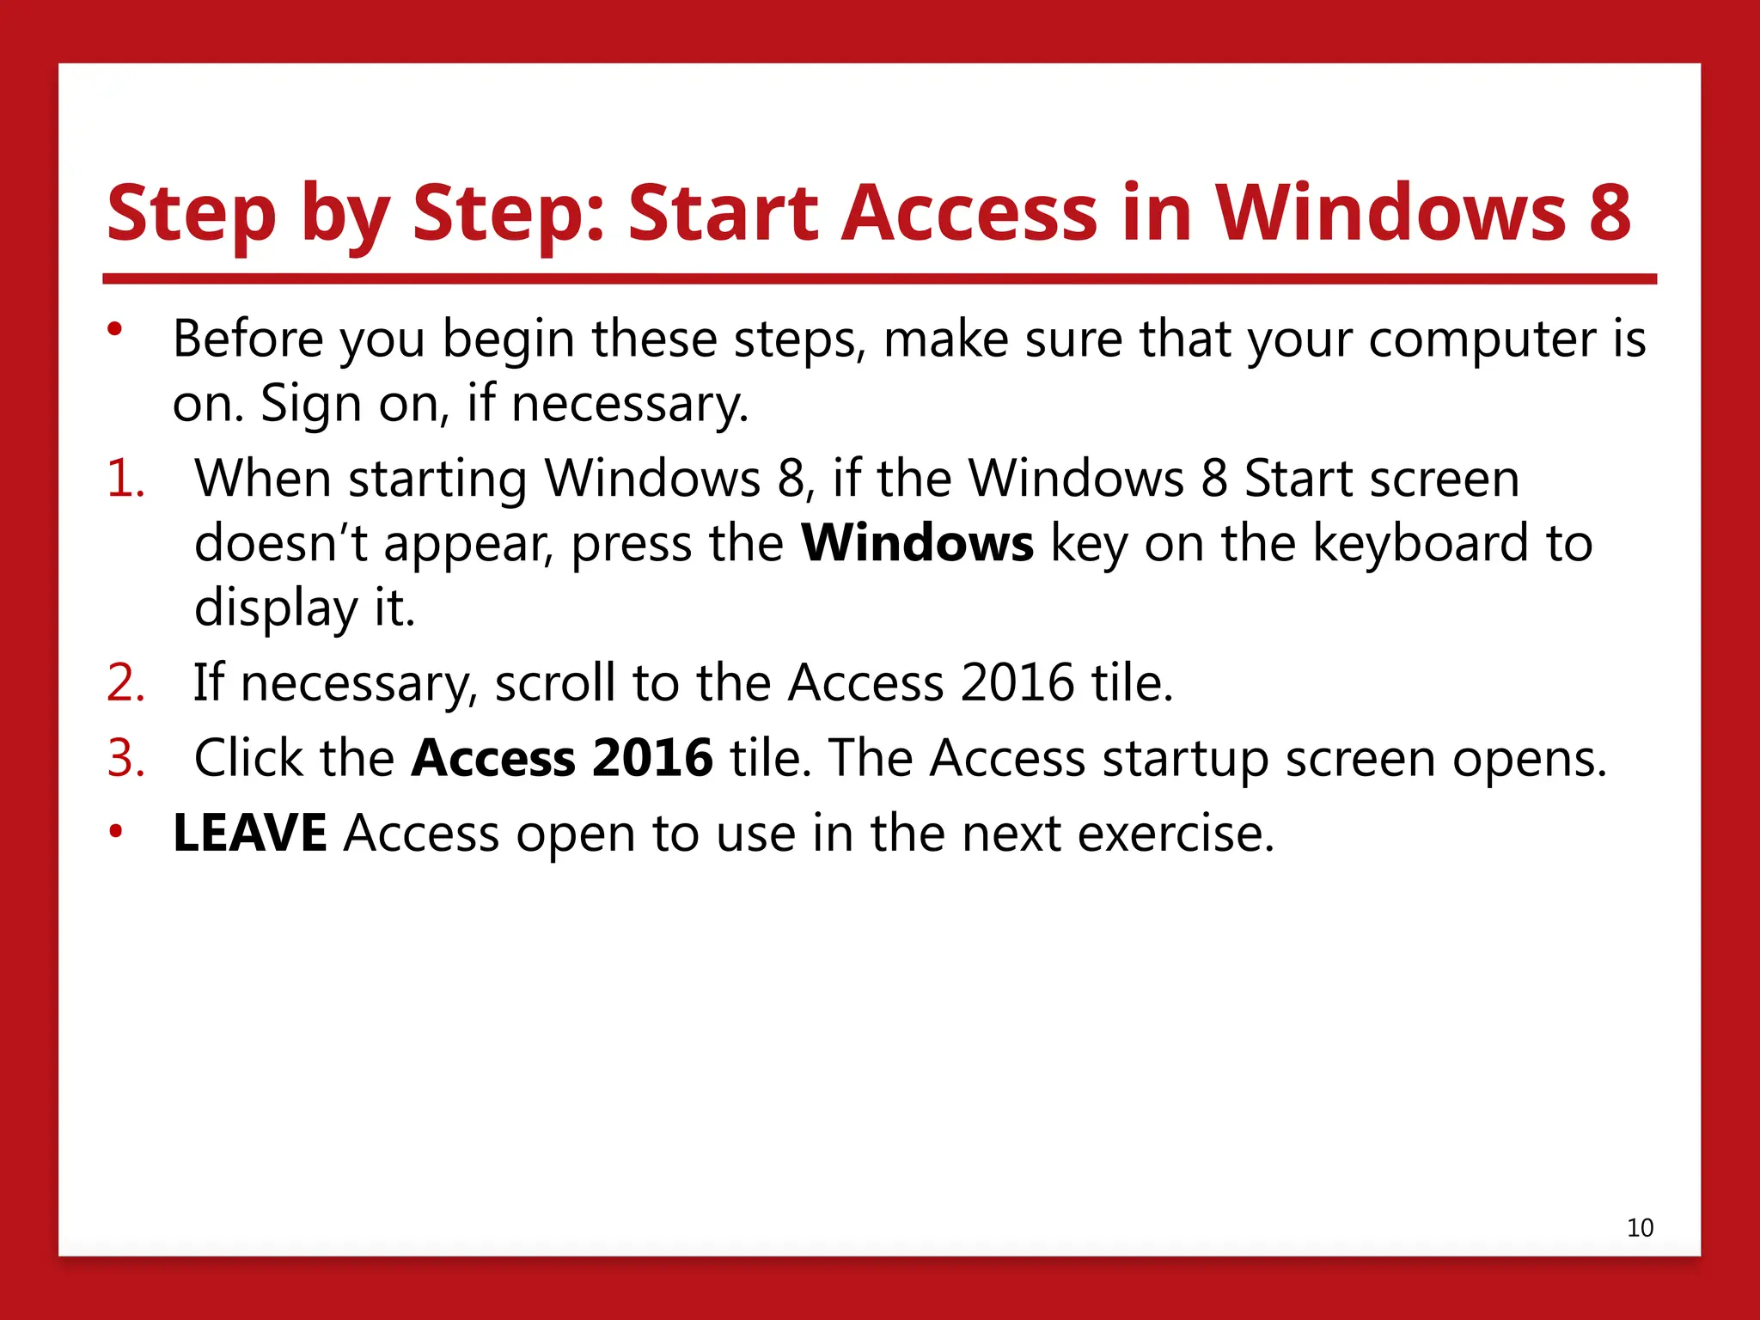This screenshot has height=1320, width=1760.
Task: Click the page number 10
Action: (x=1640, y=1227)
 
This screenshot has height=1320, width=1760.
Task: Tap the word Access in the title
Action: (x=969, y=212)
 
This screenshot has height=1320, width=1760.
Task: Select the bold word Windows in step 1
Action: (x=917, y=543)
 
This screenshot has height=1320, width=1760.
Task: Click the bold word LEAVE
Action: (x=249, y=833)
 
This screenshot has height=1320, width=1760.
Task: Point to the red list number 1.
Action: (x=125, y=479)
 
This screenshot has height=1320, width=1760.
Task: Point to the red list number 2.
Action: (x=125, y=683)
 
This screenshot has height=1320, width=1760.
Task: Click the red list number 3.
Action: (x=125, y=758)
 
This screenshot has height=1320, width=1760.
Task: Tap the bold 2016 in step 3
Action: (x=653, y=758)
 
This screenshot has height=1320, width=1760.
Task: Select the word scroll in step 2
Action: (x=554, y=683)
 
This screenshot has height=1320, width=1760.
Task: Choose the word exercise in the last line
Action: (x=1175, y=833)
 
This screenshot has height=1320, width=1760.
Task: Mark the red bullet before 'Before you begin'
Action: (x=115, y=329)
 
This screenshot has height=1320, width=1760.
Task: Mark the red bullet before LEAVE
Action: (x=115, y=831)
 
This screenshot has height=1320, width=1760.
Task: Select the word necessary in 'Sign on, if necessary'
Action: (x=629, y=404)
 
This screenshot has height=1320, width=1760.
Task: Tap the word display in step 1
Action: (x=275, y=608)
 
